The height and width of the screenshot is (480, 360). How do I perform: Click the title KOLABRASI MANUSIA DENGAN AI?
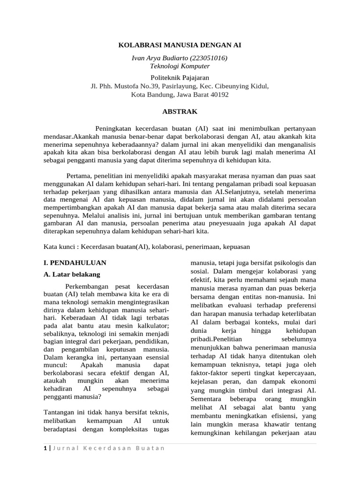180,45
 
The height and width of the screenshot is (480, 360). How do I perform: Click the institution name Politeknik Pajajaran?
180,77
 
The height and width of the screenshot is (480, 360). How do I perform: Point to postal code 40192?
217,95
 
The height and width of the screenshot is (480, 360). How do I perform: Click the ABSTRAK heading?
180,112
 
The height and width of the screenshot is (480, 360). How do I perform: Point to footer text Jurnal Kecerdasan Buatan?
108,448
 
